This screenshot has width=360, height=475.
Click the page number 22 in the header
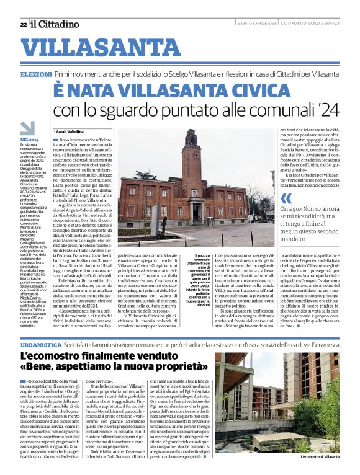(23, 24)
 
